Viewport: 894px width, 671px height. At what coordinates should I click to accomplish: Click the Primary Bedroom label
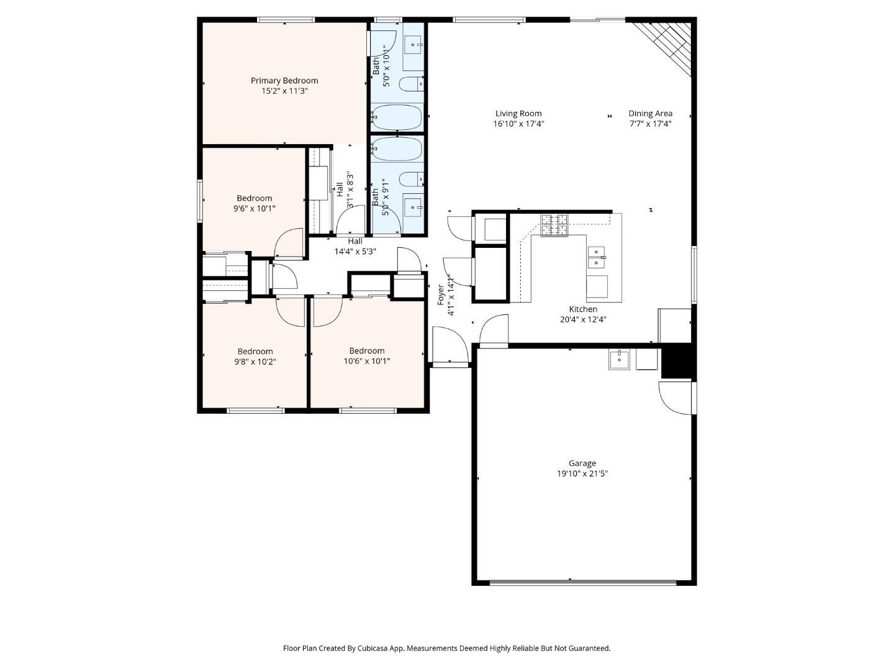coord(284,81)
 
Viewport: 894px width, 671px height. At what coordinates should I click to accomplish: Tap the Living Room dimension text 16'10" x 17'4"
coord(518,124)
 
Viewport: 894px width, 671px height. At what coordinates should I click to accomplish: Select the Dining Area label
coord(650,113)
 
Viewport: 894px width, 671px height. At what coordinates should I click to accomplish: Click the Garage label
coord(582,463)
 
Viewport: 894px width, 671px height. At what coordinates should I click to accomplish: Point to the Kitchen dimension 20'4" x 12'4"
coord(582,319)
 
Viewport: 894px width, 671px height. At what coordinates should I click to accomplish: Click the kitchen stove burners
coord(554,225)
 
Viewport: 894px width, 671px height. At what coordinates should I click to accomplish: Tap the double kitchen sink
coord(596,257)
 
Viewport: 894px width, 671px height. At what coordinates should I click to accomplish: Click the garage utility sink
coord(619,359)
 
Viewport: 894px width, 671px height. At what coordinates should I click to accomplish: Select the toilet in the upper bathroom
coord(410,84)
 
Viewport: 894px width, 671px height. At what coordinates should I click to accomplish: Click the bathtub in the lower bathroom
coord(397,149)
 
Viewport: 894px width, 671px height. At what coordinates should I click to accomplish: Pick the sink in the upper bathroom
coord(413,45)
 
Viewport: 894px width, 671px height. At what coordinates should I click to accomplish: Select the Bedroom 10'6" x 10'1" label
coord(367,350)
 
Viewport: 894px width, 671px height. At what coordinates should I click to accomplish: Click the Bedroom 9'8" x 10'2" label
coord(255,351)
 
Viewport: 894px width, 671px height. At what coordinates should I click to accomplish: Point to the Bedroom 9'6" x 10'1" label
coord(255,198)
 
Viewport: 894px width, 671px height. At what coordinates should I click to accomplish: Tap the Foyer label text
coord(441,295)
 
